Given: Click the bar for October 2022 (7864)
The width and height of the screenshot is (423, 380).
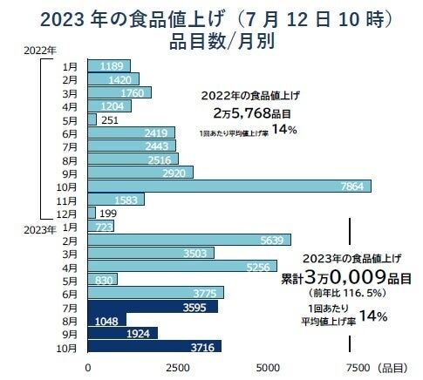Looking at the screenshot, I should pyautogui.click(x=229, y=186).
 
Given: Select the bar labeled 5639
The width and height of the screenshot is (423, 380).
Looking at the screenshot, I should pyautogui.click(x=188, y=240).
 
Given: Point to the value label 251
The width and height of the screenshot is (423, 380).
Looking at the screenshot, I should pyautogui.click(x=111, y=119).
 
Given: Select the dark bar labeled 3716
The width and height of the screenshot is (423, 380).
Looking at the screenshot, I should pyautogui.click(x=154, y=346).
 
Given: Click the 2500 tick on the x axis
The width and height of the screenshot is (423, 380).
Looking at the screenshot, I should pyautogui.click(x=178, y=367).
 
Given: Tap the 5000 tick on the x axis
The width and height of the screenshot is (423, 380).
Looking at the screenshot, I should pyautogui.click(x=267, y=367).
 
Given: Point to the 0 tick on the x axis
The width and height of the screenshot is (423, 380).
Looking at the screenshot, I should pyautogui.click(x=88, y=367).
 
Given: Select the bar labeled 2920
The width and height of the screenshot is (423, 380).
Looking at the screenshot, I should pyautogui.click(x=140, y=173).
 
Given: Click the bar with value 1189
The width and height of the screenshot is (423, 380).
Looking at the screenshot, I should pyautogui.click(x=109, y=66).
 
